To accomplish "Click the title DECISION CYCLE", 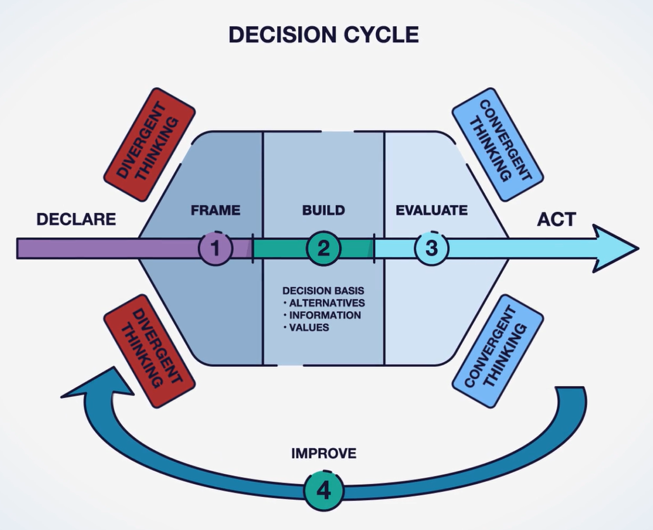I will (x=323, y=34).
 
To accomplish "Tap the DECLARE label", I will (x=76, y=220).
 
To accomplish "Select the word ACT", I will (x=556, y=220).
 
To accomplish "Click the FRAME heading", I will (x=216, y=210).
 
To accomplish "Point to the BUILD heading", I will (x=323, y=210).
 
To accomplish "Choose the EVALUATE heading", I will (x=431, y=210).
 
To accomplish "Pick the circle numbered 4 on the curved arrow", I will (x=323, y=491).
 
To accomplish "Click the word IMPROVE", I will (x=323, y=453).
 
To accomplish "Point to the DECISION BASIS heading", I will (x=323, y=291).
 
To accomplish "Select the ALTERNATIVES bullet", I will (x=326, y=303).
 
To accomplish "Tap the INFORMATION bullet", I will (x=325, y=315).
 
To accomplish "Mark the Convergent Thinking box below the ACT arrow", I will (x=498, y=350).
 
